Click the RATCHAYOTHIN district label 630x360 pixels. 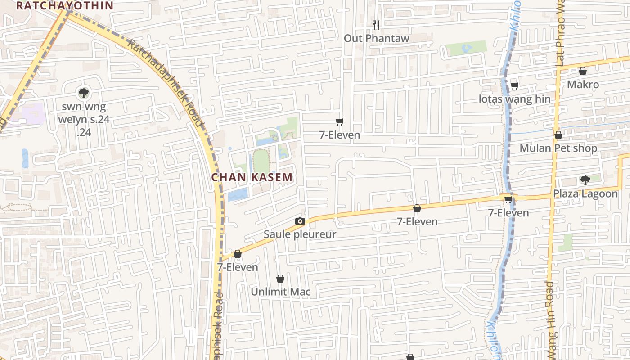[64, 5]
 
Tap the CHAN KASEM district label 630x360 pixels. [252, 177]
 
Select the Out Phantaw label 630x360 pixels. [377, 38]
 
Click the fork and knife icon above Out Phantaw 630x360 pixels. [377, 25]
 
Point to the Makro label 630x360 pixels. [583, 85]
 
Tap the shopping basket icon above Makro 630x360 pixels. [583, 71]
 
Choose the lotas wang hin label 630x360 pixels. [514, 99]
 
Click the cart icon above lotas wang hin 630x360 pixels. [514, 85]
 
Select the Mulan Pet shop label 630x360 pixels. [558, 148]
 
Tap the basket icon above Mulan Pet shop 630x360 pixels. [558, 135]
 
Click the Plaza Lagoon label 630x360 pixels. [585, 194]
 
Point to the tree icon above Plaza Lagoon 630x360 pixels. [585, 180]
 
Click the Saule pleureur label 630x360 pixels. [300, 234]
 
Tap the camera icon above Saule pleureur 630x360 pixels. [300, 221]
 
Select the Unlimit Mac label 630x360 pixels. [280, 292]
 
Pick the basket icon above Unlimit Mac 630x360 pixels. [280, 279]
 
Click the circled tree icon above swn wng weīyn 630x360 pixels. [83, 93]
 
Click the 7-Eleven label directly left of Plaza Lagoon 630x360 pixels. [508, 213]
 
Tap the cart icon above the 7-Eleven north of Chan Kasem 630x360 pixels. [340, 121]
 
